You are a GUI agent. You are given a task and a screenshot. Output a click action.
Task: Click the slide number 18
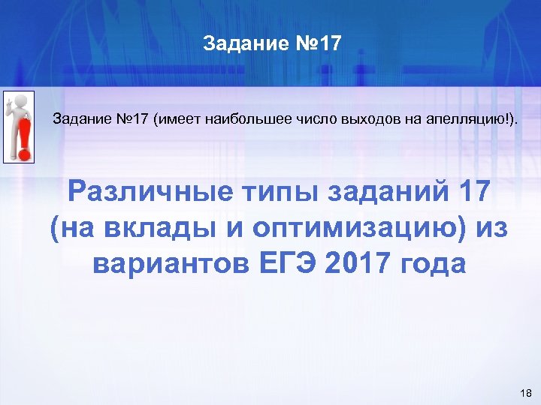click(x=524, y=393)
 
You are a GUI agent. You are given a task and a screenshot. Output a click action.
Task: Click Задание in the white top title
click(x=240, y=44)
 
